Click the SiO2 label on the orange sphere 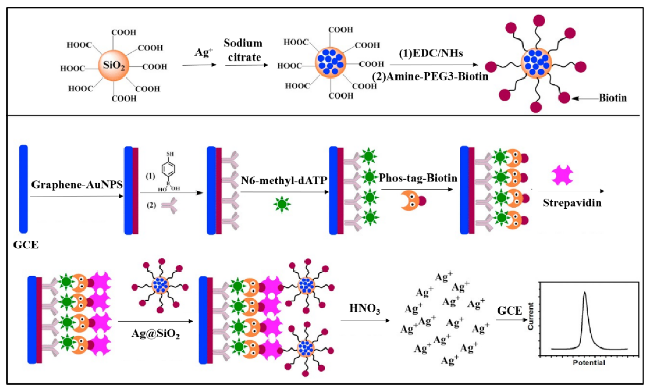(114, 65)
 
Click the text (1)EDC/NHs (431, 53)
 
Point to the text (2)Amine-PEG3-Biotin (430, 77)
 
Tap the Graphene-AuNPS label (77, 185)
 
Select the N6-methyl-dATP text (284, 180)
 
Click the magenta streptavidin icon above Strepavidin (562, 175)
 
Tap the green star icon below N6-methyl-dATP (282, 204)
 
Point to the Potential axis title (589, 363)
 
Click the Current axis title (531, 316)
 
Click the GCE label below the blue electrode (26, 245)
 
